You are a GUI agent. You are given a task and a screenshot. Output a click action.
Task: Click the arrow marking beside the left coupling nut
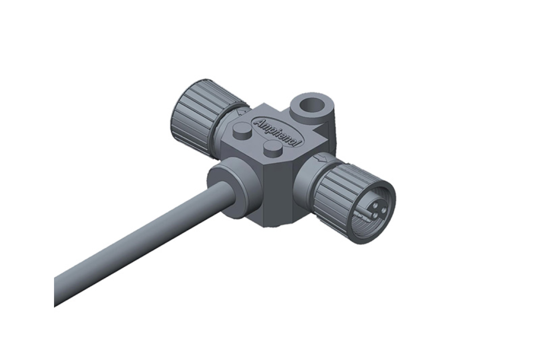(x=240, y=112)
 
